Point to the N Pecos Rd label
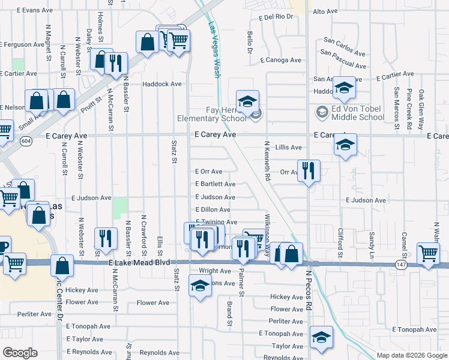coord(309,289)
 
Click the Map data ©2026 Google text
coord(411,355)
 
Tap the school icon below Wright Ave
coord(200,286)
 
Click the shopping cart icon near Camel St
coord(428,253)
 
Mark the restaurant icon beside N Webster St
coord(106,238)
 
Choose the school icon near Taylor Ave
coord(322,338)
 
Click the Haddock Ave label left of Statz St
coord(161,84)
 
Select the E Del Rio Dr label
coord(276,17)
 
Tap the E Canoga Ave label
coord(281,60)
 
